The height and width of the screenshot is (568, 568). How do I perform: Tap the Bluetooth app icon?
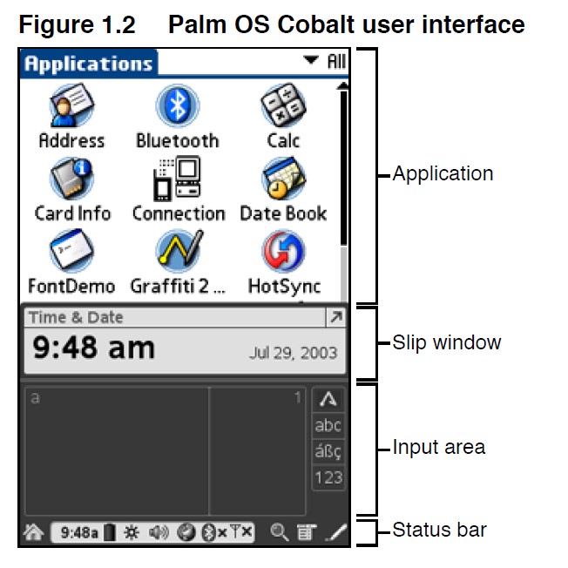pyautogui.click(x=177, y=106)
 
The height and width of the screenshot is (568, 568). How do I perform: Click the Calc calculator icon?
pyautogui.click(x=283, y=106)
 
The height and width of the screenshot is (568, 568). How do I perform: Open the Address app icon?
pyautogui.click(x=71, y=106)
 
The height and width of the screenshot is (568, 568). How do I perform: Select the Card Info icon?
pyautogui.click(x=71, y=179)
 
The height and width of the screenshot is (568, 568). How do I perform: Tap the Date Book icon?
pyautogui.click(x=283, y=179)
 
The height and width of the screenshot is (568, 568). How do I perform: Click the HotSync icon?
pyautogui.click(x=283, y=252)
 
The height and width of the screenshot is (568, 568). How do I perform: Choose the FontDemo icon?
pyautogui.click(x=71, y=252)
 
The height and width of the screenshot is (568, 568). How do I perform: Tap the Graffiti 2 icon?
pyautogui.click(x=178, y=252)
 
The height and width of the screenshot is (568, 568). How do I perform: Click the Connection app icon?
pyautogui.click(x=178, y=179)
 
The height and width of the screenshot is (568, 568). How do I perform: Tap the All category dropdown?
pyautogui.click(x=324, y=62)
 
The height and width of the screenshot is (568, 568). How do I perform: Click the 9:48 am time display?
pyautogui.click(x=93, y=348)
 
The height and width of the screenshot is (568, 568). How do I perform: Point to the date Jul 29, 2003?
pyautogui.click(x=292, y=354)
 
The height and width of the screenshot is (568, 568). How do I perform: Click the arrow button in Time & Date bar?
pyautogui.click(x=335, y=318)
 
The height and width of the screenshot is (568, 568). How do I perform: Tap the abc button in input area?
pyautogui.click(x=328, y=426)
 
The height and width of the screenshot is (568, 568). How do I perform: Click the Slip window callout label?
pyautogui.click(x=446, y=342)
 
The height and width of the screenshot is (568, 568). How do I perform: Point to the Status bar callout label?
pyautogui.click(x=439, y=530)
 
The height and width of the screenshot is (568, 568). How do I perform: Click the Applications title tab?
pyautogui.click(x=87, y=64)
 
